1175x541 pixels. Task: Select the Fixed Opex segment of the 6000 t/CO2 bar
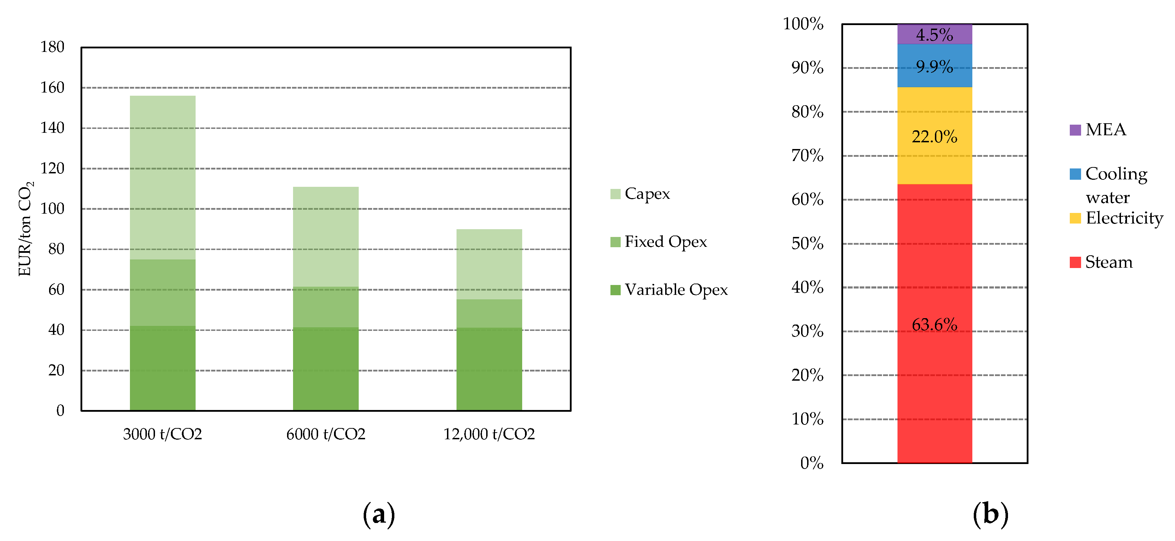click(326, 307)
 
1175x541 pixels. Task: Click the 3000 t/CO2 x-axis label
click(162, 434)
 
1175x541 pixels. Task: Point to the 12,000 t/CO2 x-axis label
click(489, 434)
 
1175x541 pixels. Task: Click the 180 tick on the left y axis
click(53, 47)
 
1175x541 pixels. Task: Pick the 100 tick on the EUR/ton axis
click(53, 209)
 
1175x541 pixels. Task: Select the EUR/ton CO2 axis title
click(25, 228)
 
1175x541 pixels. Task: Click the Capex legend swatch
click(615, 194)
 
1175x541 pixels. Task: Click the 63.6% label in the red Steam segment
click(934, 325)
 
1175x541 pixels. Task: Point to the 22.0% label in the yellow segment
click(934, 137)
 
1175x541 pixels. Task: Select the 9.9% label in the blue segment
click(934, 67)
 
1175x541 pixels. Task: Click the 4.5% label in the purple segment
click(934, 35)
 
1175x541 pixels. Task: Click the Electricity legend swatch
click(1075, 218)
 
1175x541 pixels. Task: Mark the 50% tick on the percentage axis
click(807, 244)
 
